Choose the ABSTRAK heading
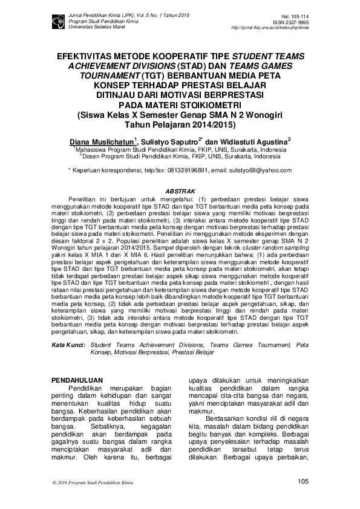click(x=180, y=192)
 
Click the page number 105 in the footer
click(x=303, y=481)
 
